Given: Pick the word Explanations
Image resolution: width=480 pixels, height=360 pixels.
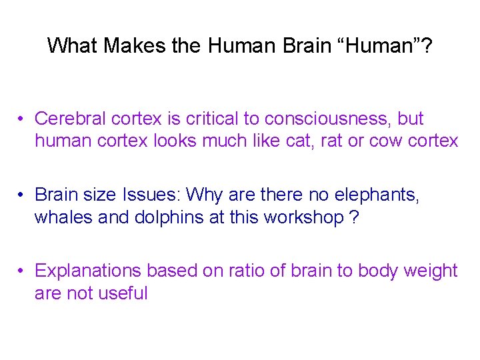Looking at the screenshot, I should point(88,271).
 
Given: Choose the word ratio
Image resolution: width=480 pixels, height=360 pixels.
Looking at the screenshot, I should point(230,271).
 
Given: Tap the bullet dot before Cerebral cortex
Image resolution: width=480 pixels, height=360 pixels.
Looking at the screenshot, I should point(22,120).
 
